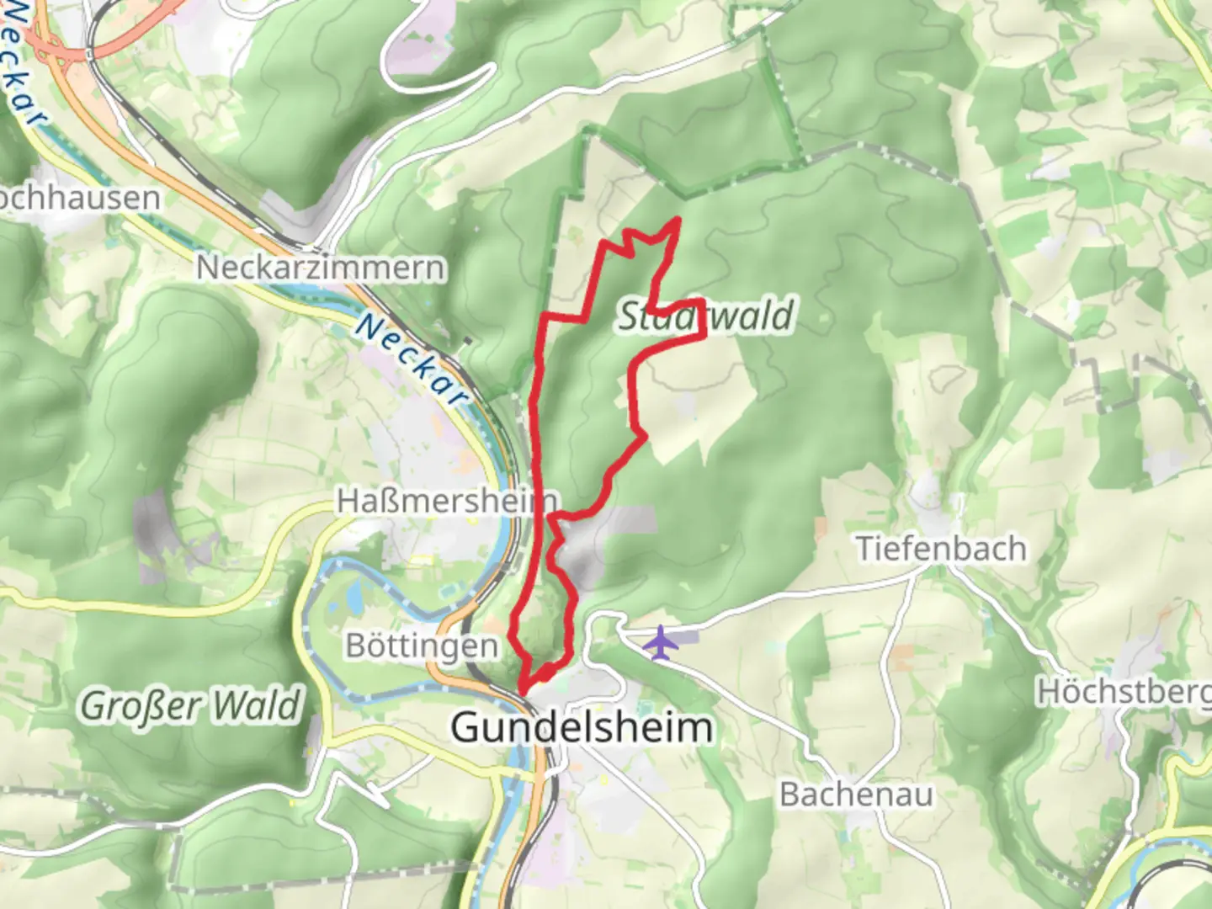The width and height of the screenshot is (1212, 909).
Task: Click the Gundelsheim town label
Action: pyautogui.click(x=582, y=727)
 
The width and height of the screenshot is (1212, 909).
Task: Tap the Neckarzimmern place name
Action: pyautogui.click(x=321, y=268)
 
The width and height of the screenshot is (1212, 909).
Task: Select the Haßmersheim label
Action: pyautogui.click(x=446, y=502)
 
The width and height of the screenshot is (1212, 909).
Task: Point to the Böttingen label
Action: pyautogui.click(x=422, y=646)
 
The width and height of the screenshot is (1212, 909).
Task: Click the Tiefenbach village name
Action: pyautogui.click(x=941, y=549)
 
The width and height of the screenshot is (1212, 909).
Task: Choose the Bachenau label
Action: pyautogui.click(x=856, y=795)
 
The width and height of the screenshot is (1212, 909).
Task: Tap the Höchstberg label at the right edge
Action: pyautogui.click(x=1123, y=692)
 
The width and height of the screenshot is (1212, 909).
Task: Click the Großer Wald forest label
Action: pyautogui.click(x=190, y=705)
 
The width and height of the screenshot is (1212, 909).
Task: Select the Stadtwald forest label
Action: pyautogui.click(x=705, y=316)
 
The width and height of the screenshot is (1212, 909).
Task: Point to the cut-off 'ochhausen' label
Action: pyautogui.click(x=80, y=198)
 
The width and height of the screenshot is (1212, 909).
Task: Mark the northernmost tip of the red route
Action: pyautogui.click(x=678, y=220)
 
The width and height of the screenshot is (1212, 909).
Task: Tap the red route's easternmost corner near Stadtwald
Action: pyautogui.click(x=704, y=337)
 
